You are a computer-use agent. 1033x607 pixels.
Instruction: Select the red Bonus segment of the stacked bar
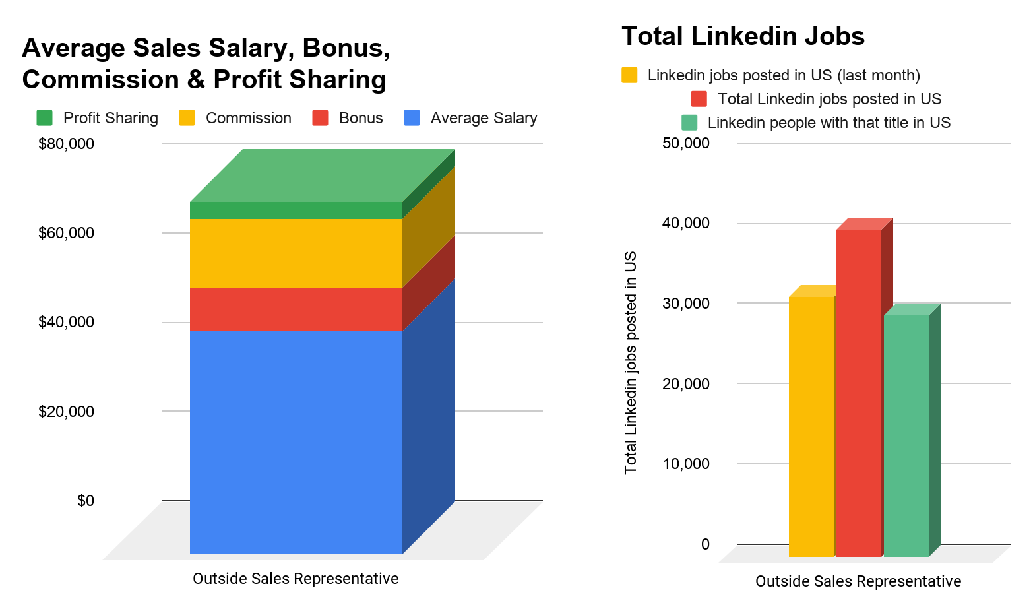coord(296,309)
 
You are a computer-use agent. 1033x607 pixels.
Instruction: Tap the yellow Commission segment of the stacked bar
coord(296,253)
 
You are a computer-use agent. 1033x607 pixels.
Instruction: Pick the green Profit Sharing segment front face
coord(296,210)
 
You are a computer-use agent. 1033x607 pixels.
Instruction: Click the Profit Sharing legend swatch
coord(44,118)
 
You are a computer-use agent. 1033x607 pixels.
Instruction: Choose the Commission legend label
coord(248,118)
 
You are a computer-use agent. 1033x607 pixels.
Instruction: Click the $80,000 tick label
coord(66,143)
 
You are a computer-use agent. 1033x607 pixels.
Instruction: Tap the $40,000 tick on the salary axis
coord(66,322)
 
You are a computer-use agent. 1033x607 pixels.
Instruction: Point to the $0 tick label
coord(86,501)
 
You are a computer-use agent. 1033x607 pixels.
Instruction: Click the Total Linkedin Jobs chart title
coord(743,36)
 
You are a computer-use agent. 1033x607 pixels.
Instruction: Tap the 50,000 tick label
coord(686,143)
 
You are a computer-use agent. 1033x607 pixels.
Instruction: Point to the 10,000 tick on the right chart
coord(686,464)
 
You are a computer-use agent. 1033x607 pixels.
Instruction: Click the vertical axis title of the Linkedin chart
coord(631,362)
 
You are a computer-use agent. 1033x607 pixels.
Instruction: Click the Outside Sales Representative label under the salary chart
coord(296,579)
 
